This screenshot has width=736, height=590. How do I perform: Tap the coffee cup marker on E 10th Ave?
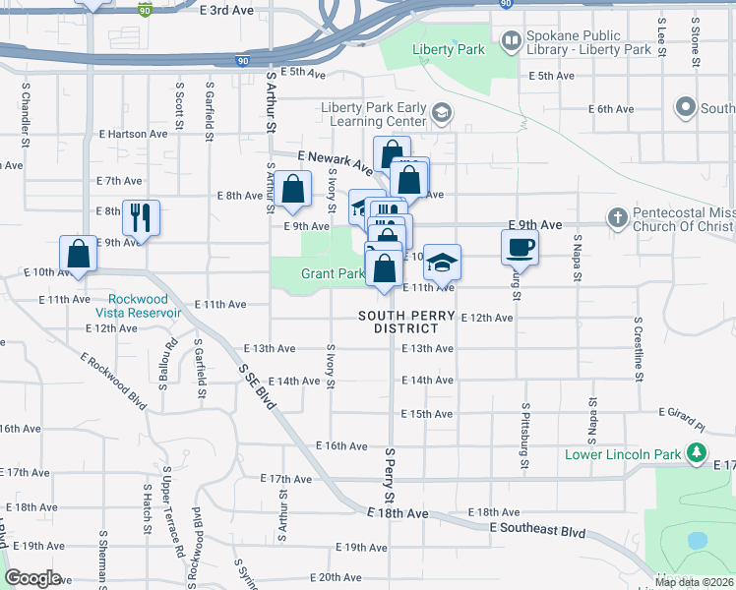click(520, 247)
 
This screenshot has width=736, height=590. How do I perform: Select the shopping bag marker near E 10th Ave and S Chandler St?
click(79, 253)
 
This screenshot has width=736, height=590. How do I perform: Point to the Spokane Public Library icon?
click(511, 41)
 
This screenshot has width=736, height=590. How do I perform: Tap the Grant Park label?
click(333, 273)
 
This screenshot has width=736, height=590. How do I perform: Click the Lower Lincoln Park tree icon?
click(696, 453)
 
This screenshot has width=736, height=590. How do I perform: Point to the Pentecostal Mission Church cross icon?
click(616, 216)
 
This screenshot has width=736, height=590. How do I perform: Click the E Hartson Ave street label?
click(133, 134)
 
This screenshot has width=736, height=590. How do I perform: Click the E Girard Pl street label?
click(683, 418)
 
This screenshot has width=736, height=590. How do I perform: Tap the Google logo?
click(32, 578)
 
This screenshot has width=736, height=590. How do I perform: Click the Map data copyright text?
click(694, 582)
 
